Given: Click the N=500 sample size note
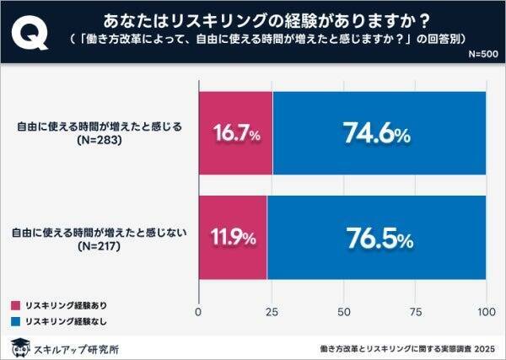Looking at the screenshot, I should pos(482,55).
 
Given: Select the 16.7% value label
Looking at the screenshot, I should pos(235,133).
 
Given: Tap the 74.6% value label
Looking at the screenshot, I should pos(377,133).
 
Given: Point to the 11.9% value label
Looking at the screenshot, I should pos(233,238).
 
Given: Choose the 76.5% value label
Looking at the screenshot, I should pos(377,238).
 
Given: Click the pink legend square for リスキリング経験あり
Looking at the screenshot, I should pos(17,304).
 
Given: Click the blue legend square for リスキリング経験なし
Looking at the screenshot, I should pos(17,320).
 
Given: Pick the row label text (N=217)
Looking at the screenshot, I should pos(100,247).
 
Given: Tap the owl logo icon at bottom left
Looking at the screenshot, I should pos(19,346).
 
